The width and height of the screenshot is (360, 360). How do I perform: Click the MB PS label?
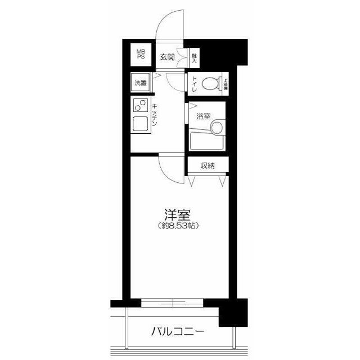coord(141,54)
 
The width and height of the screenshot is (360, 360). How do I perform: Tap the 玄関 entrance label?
coord(167,57)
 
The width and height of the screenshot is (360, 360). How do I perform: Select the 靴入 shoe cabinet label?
coord(193,56)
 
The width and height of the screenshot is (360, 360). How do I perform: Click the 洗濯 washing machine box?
coord(141,83)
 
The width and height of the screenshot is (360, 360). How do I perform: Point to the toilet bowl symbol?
coord(210,84)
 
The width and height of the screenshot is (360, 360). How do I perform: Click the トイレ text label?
coord(194,84)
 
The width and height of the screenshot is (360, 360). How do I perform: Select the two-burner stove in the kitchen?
coord(140,105)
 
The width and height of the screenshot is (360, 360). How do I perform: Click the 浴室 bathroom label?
coord(203,116)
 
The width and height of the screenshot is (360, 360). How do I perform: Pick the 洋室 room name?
coord(177,215)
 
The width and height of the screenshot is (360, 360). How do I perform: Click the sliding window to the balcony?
coord(172,303)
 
